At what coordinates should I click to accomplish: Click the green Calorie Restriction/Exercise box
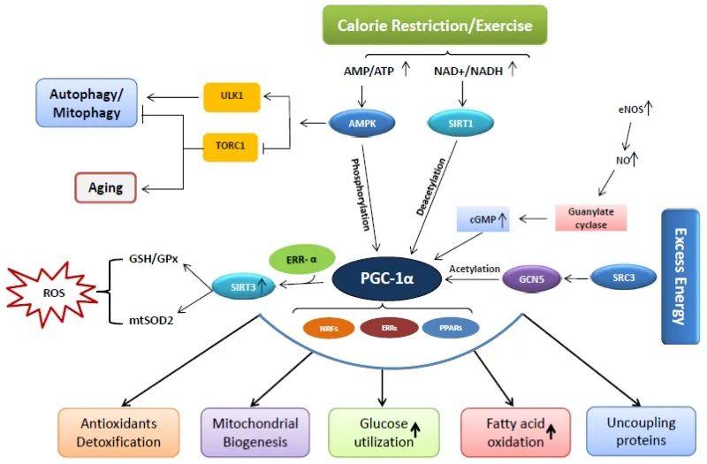[435, 25]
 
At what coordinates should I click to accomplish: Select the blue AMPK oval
[362, 123]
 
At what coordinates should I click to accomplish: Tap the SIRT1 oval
[460, 123]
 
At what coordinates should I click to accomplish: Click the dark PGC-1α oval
[387, 278]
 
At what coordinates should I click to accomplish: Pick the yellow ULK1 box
[232, 97]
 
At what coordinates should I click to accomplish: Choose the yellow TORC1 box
[230, 147]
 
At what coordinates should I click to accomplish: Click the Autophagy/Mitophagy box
[87, 103]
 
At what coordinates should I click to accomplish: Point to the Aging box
[105, 187]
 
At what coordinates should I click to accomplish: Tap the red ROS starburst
[52, 293]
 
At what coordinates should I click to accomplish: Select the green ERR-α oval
[302, 260]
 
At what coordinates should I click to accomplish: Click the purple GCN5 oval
[532, 278]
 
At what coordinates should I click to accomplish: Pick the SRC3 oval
[624, 278]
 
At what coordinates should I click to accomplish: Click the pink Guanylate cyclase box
[590, 218]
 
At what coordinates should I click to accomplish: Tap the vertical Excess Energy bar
[680, 277]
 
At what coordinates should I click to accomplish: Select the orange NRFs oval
[329, 328]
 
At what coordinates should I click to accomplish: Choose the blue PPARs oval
[451, 328]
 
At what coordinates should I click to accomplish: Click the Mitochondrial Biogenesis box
[255, 432]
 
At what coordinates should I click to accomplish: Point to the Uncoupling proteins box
[641, 431]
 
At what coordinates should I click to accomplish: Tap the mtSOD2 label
[151, 321]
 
